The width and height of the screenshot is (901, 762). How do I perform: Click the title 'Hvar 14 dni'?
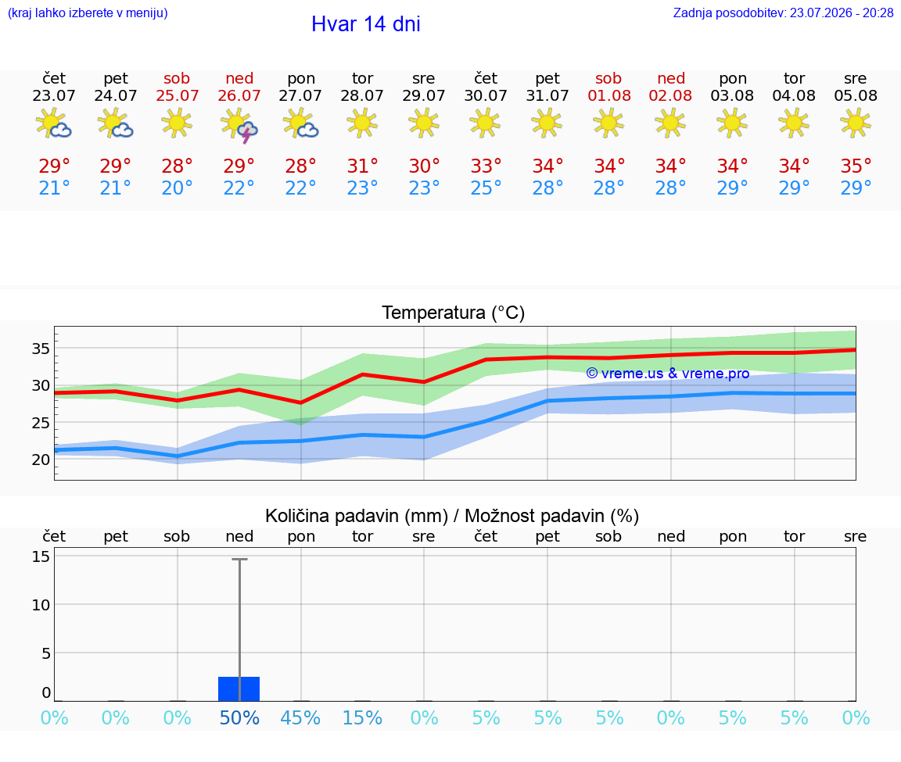pos(366,24)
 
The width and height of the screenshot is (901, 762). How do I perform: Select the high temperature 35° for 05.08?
pos(856,166)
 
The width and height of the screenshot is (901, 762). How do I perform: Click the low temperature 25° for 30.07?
pos(486,188)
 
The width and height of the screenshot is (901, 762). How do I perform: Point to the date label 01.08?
pos(609,96)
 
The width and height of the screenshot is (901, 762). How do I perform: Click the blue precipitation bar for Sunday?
pos(239,689)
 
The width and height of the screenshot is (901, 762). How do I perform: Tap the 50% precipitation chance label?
pos(239,717)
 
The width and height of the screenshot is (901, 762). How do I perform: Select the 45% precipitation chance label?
pos(300,717)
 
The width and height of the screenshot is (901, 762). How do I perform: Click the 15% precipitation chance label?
pos(363,717)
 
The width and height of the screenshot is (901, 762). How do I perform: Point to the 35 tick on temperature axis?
pos(41,349)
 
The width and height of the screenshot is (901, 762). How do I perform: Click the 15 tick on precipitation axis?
pos(41,556)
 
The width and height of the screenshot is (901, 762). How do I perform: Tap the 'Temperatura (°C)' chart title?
pos(454,313)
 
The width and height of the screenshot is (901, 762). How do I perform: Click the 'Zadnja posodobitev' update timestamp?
pos(783,13)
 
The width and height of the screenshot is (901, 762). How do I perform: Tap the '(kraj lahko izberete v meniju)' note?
pos(88,13)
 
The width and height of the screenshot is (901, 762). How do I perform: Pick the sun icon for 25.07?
pos(177,123)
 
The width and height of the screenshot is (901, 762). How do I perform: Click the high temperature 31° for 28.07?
pos(363,166)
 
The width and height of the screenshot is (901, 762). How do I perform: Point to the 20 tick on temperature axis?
pos(41,460)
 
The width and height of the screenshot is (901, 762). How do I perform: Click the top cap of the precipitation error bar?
pos(239,559)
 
